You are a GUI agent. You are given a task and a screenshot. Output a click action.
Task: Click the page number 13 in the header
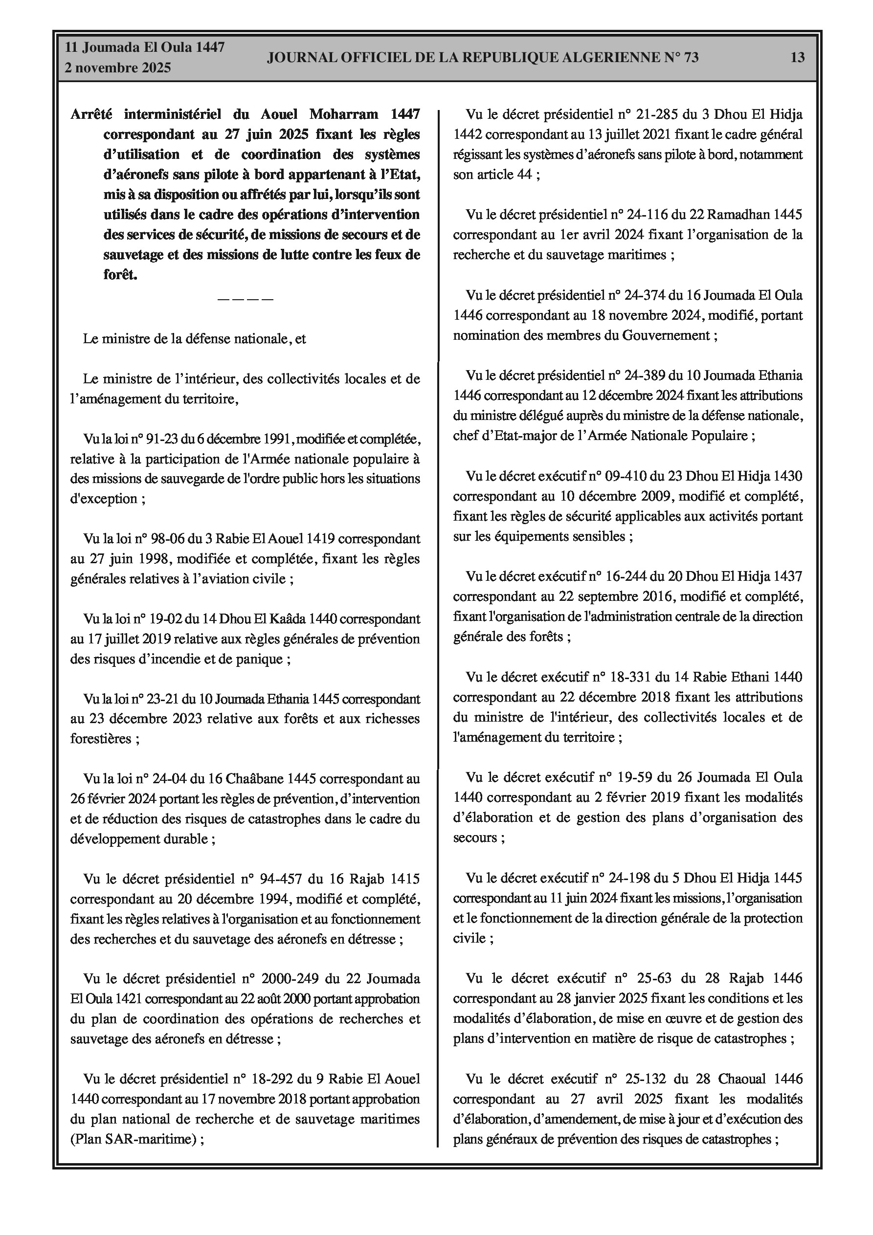click(797, 58)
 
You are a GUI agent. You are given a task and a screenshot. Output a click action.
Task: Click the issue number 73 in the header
click(691, 58)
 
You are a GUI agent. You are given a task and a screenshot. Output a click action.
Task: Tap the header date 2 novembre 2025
click(118, 68)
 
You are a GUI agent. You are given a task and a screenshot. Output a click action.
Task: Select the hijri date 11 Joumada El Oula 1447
click(144, 47)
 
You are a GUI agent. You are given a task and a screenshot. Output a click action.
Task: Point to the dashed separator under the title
click(246, 299)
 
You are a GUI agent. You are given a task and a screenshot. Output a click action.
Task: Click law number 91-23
click(162, 439)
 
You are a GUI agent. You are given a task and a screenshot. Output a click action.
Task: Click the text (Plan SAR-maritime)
click(133, 1139)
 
